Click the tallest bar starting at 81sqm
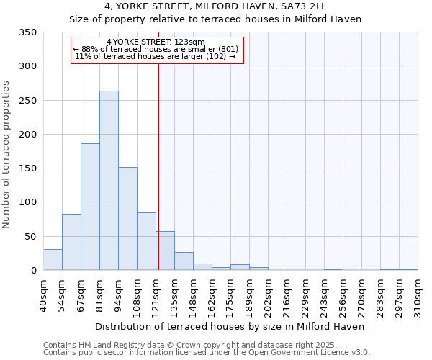click(x=109, y=181)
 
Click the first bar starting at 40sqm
click(x=53, y=260)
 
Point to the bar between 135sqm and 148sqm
click(x=184, y=261)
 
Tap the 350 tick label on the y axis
click(x=27, y=32)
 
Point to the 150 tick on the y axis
click(x=27, y=168)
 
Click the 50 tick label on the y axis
click(x=30, y=236)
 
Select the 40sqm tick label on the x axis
click(x=44, y=294)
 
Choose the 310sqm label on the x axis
click(x=418, y=294)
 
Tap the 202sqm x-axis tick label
click(x=269, y=294)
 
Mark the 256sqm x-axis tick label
click(x=343, y=294)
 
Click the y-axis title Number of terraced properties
click(x=6, y=154)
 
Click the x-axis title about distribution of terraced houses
click(x=230, y=326)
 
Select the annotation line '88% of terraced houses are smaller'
click(x=156, y=49)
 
